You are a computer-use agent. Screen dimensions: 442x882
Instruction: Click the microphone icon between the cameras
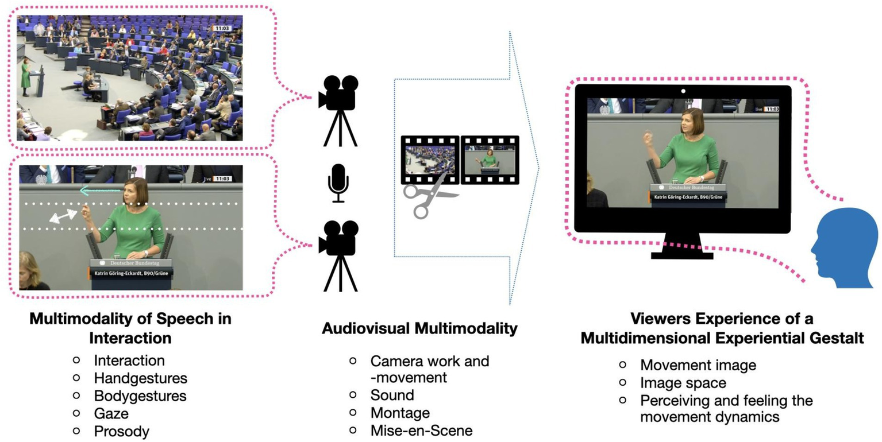click(x=338, y=183)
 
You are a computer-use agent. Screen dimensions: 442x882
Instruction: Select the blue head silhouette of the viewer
click(x=844, y=249)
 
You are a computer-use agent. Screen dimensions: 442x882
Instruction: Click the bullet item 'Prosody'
click(x=121, y=431)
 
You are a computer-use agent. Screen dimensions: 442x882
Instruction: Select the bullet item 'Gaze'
click(x=111, y=413)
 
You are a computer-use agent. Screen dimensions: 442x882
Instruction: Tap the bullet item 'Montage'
click(x=400, y=413)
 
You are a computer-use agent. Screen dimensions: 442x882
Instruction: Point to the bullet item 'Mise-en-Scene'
click(x=421, y=431)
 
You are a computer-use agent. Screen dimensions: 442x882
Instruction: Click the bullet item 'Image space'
click(x=683, y=382)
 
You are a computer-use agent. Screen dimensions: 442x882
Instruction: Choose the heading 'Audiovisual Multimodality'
click(x=419, y=329)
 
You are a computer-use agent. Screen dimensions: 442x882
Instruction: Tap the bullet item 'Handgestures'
click(x=141, y=378)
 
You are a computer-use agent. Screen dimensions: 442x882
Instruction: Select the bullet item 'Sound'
click(x=392, y=395)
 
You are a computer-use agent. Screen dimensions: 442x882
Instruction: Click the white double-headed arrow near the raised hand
click(x=63, y=216)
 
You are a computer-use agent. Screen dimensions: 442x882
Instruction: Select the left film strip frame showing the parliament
click(x=430, y=160)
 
